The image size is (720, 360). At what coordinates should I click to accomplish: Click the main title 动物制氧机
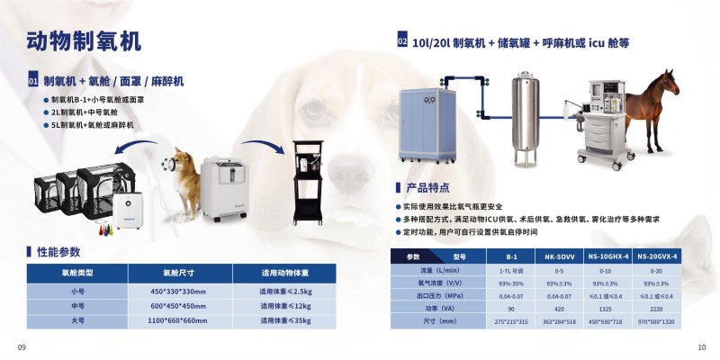point(84,42)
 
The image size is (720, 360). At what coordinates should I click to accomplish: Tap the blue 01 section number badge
point(32,82)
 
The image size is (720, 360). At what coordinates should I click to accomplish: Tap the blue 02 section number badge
point(402,41)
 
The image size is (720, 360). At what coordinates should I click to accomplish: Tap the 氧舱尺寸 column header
point(179,272)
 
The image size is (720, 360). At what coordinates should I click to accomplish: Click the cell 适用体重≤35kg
point(284,319)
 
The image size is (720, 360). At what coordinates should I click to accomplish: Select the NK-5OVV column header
point(559,256)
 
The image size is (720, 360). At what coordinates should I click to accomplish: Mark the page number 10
point(702,347)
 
